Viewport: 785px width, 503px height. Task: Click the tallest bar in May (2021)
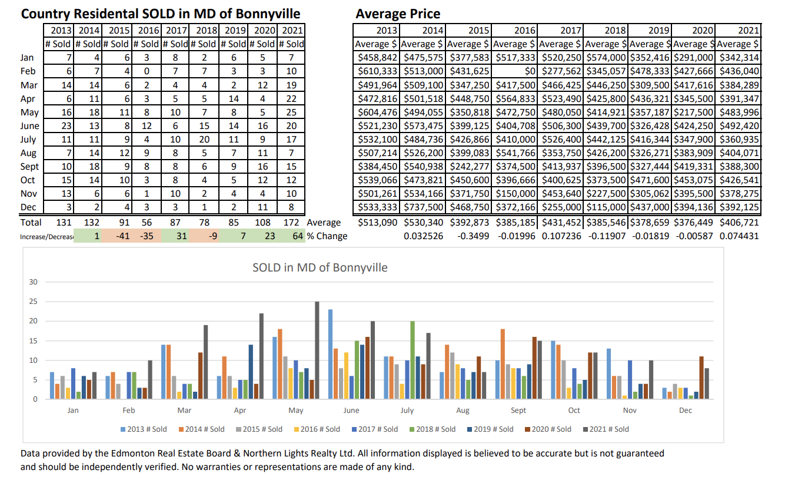317,350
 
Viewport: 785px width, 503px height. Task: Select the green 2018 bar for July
413,360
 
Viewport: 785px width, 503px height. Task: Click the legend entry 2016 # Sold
320,429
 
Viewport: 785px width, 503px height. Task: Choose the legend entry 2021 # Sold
609,429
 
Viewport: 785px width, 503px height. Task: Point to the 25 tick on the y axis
33,302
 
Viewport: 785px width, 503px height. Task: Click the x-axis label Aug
463,411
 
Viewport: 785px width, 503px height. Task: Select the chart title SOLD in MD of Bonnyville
320,267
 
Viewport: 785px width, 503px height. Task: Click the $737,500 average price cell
423,207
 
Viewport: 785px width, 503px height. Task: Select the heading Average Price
398,14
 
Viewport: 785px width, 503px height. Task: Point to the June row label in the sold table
29,126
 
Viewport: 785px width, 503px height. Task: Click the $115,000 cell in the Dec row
606,207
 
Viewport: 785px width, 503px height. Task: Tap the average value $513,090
378,223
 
